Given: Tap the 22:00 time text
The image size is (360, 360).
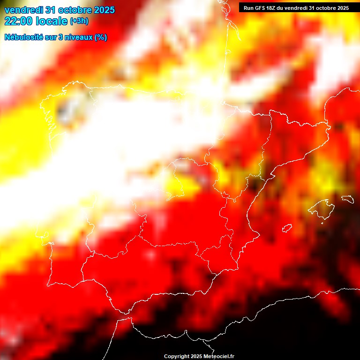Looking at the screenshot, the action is tap(18, 21).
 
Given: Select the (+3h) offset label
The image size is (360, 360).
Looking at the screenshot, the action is tap(79, 22).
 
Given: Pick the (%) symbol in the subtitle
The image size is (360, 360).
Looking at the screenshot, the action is tap(101, 37).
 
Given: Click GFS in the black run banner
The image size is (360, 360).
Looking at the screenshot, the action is tap(259, 8).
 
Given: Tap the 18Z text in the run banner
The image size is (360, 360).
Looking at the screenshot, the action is tap(271, 8).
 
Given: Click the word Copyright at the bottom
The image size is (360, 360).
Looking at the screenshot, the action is tap(176, 357).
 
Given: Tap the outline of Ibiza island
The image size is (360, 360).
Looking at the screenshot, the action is tap(287, 228).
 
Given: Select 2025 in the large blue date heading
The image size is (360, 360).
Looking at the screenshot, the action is tap(102, 10).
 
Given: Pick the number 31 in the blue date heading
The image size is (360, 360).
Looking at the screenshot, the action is tap(51, 10).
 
